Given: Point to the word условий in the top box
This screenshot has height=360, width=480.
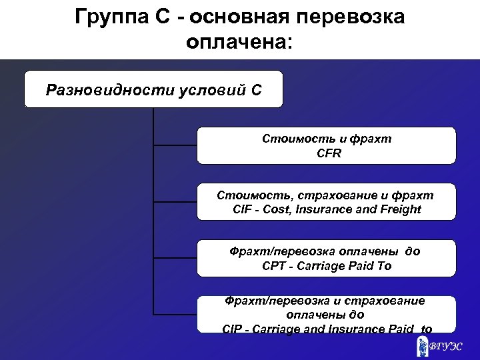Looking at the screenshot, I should pyautogui.click(x=207, y=89).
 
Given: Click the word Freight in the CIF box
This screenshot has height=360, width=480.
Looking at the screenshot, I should pyautogui.click(x=401, y=209).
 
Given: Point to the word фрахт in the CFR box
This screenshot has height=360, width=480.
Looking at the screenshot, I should pyautogui.click(x=374, y=139).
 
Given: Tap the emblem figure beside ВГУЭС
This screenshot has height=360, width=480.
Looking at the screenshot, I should pyautogui.click(x=423, y=346).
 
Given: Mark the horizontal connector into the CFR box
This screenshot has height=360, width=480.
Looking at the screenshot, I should pyautogui.click(x=175, y=143).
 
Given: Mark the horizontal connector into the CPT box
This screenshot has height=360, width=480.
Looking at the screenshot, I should pyautogui.click(x=175, y=257).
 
